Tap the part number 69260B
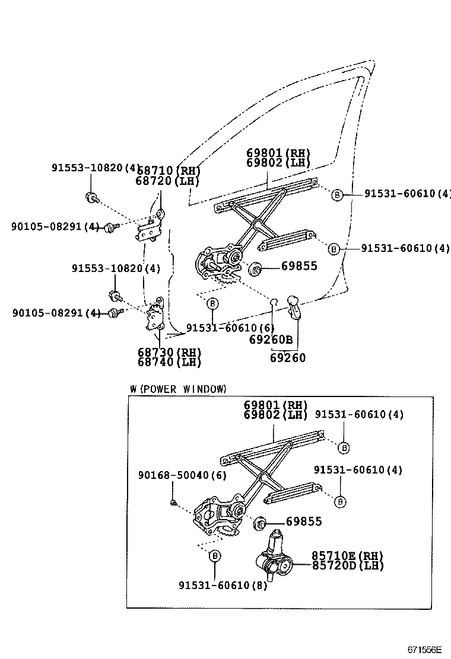271,340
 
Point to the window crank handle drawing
294,308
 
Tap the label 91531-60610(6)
230,328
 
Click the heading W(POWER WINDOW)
178,389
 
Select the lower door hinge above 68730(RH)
155,315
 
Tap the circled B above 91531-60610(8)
215,555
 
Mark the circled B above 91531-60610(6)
212,304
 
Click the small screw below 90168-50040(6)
173,503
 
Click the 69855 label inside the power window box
303,522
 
